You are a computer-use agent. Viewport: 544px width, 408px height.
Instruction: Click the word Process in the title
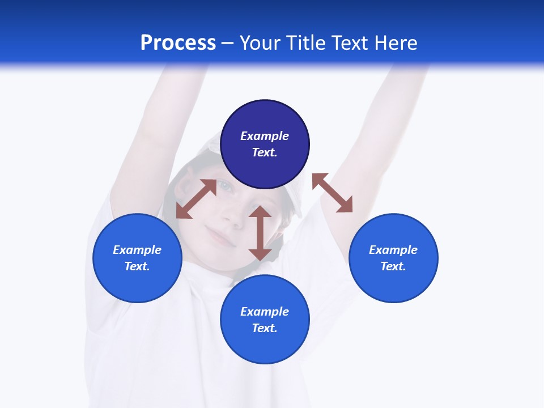(178, 43)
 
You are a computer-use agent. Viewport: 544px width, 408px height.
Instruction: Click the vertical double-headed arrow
(260, 233)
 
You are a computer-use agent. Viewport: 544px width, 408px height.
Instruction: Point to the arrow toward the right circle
(333, 193)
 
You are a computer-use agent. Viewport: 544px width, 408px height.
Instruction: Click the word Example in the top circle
(265, 136)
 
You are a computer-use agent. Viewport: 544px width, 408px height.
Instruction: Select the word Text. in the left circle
(137, 266)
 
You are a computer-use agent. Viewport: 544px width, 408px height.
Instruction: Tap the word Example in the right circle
(393, 250)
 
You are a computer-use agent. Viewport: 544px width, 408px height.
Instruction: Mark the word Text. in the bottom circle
(265, 328)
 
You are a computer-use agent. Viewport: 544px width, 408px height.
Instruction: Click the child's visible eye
(225, 186)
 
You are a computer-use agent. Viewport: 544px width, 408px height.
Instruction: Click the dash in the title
(228, 43)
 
